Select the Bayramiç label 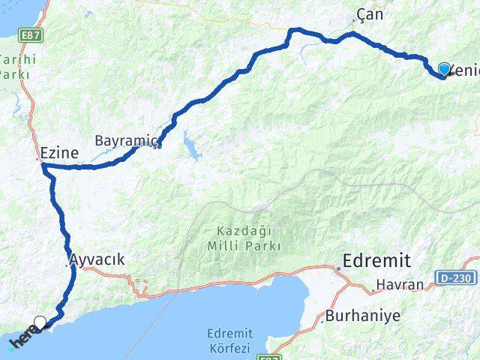[x=126, y=139]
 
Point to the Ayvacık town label [x=97, y=259]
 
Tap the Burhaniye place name [x=358, y=316]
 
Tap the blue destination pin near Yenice [x=444, y=70]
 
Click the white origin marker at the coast [x=40, y=323]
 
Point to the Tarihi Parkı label [x=14, y=67]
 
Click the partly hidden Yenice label [x=465, y=70]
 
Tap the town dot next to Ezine [x=39, y=159]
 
